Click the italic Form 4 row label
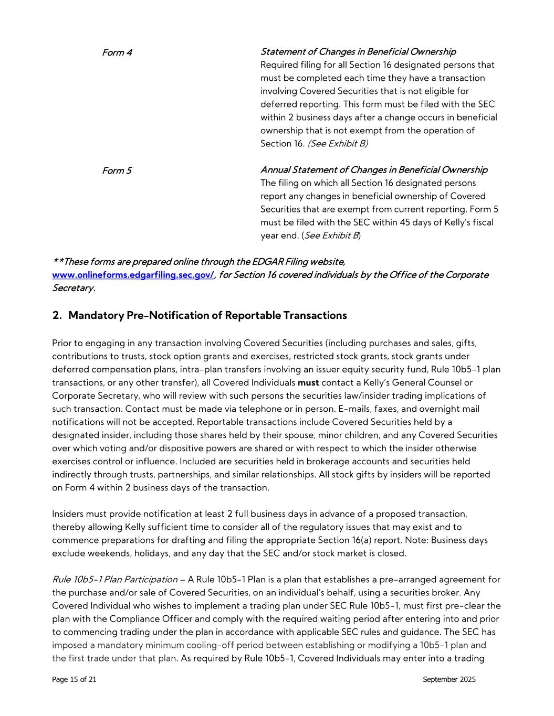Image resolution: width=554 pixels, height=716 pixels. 117,52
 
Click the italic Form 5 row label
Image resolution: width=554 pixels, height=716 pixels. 117,170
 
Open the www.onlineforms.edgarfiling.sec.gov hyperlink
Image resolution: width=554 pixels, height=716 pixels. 133,275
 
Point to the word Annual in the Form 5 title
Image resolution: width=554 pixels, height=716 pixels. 275,170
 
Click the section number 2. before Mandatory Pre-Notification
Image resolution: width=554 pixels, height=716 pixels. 57,315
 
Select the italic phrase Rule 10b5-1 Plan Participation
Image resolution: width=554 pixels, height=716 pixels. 114,580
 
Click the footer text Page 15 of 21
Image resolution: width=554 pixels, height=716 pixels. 74,680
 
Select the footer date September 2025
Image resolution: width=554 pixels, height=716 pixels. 449,680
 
